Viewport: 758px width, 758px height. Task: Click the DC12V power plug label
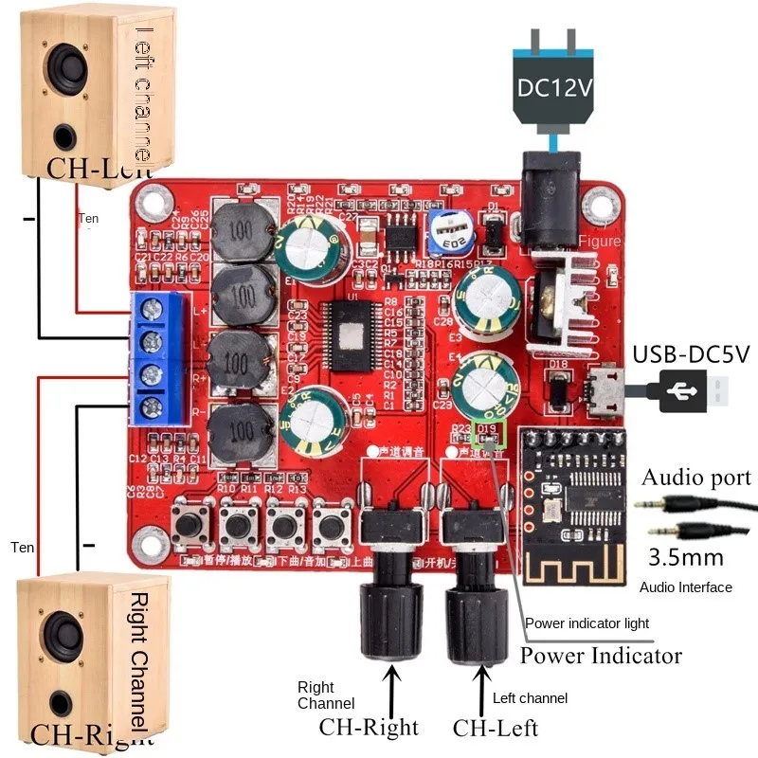pos(554,88)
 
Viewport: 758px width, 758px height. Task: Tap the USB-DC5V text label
pos(691,354)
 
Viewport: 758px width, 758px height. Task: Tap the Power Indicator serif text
pos(601,655)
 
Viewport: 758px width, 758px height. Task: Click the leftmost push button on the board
pos(193,525)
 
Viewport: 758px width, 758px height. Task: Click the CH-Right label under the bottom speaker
pos(91,735)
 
